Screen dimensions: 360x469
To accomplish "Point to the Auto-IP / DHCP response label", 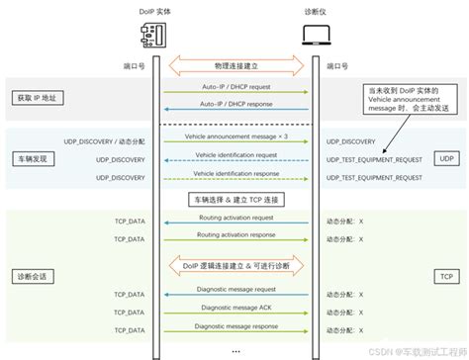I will (x=235, y=105).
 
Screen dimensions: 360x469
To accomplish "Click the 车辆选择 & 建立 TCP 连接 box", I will (x=234, y=200).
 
